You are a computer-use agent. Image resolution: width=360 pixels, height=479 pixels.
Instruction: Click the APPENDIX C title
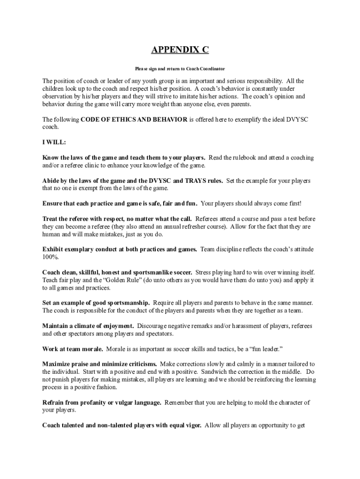point(180,51)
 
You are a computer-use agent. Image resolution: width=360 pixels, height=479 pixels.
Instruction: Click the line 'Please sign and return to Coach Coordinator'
point(180,69)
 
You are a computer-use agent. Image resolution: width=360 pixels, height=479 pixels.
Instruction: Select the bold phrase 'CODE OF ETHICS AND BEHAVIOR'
point(134,119)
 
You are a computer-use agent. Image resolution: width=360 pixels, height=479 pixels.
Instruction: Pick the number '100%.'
point(50,257)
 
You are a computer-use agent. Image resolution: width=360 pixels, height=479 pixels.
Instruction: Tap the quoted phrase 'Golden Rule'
point(111,280)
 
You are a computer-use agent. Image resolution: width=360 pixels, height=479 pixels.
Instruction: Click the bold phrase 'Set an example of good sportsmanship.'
point(96,303)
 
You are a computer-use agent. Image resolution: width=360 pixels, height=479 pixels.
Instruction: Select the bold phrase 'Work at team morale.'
point(72,348)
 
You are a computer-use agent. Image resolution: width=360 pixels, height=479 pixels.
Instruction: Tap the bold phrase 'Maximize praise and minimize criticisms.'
point(100,364)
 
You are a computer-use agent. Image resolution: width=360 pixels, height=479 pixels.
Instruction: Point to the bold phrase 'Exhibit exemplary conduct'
point(80,249)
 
